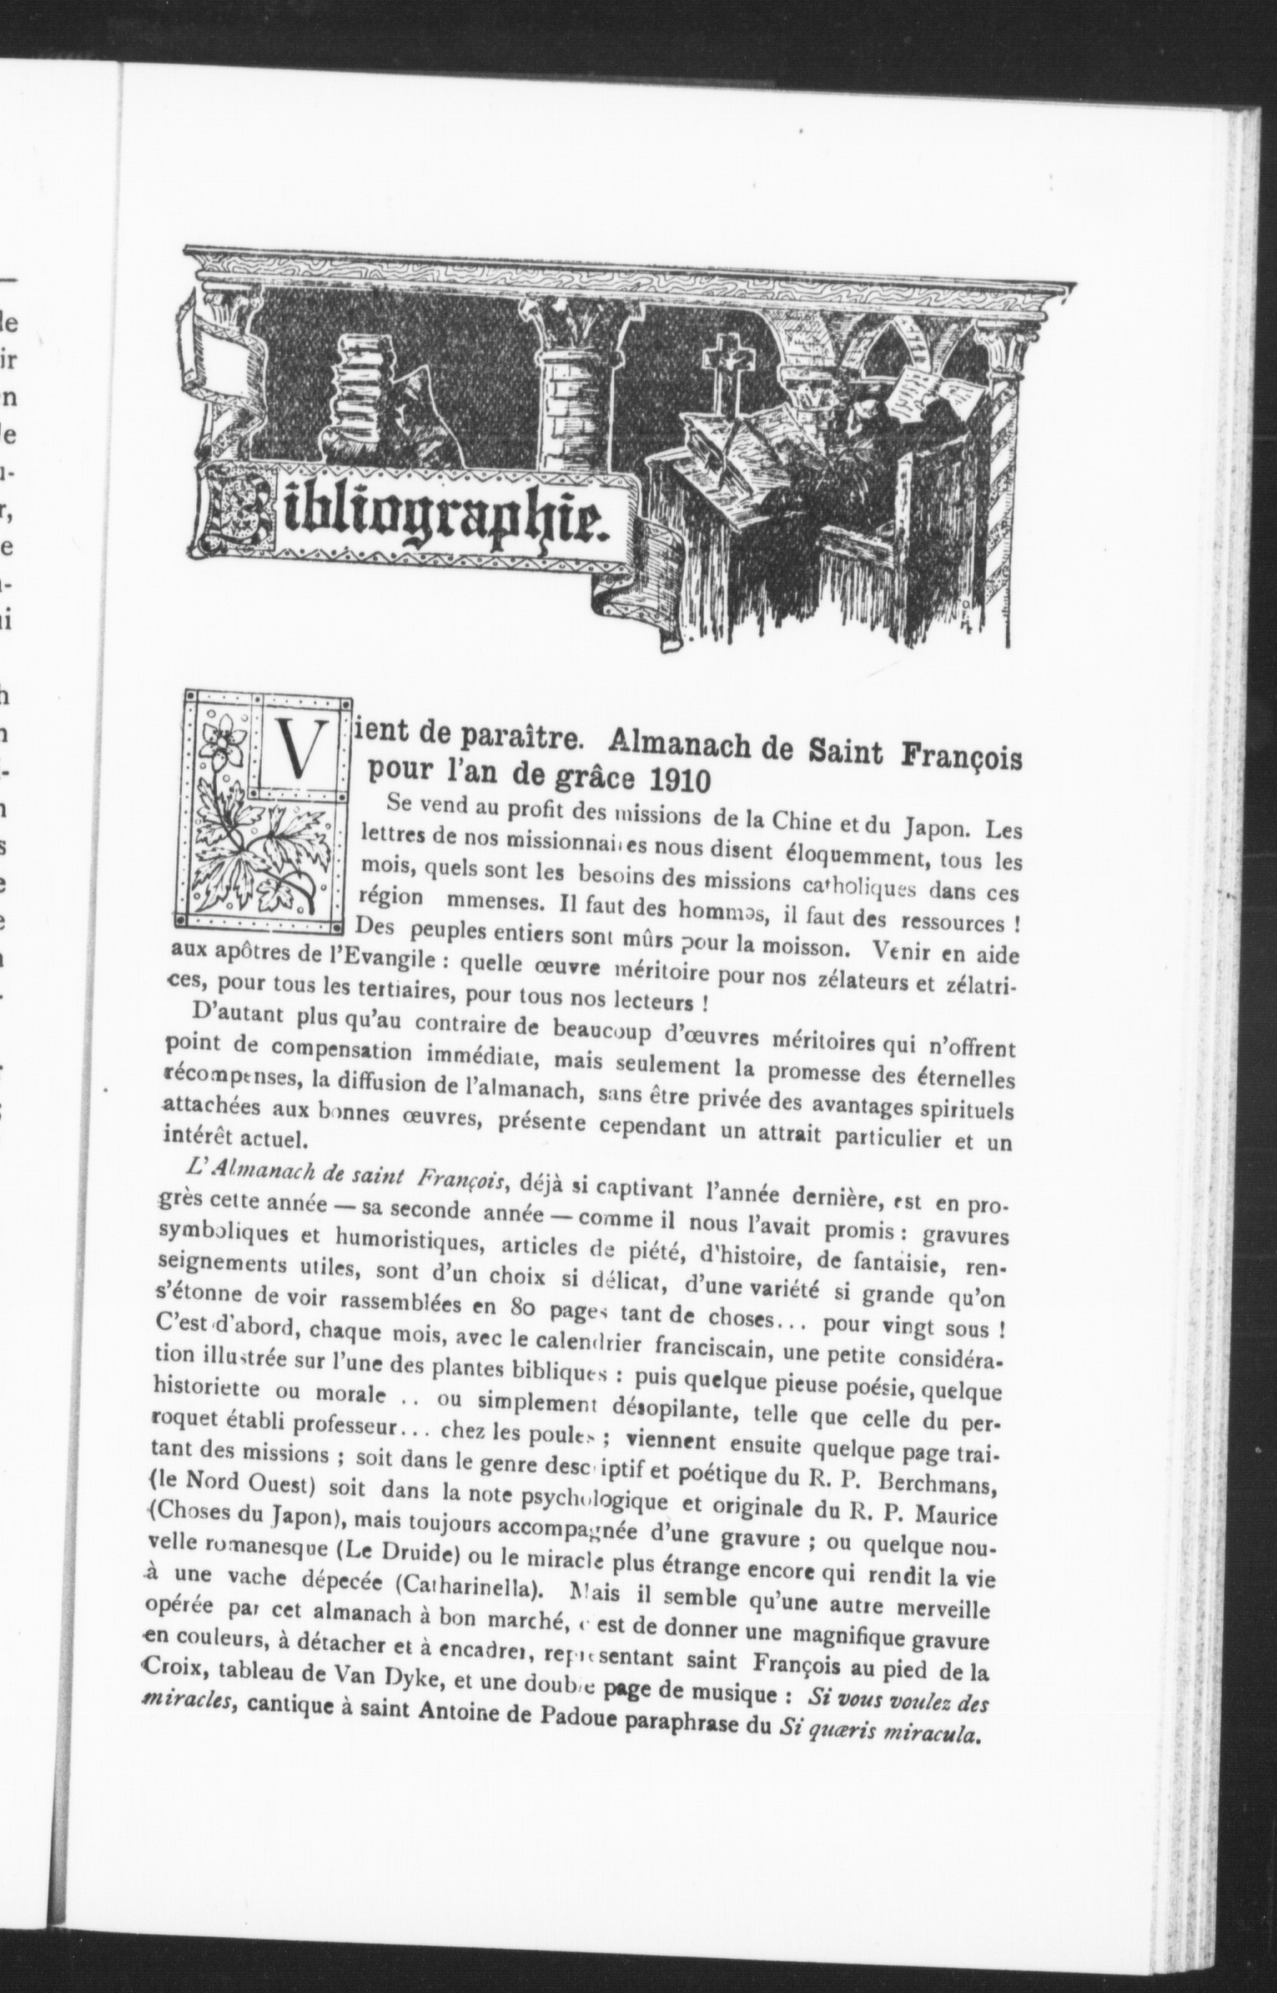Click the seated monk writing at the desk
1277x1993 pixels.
(x=862, y=448)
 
